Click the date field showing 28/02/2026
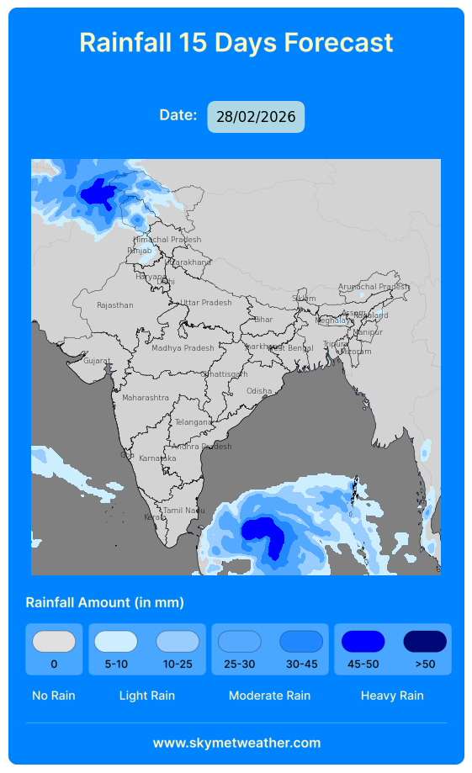pyautogui.click(x=256, y=117)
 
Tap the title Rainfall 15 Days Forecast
pyautogui.click(x=236, y=42)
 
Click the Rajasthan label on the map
pyautogui.click(x=115, y=305)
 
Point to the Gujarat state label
pyautogui.click(x=97, y=361)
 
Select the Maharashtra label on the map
pyautogui.click(x=146, y=398)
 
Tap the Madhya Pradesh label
pyautogui.click(x=183, y=348)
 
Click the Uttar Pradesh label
pyautogui.click(x=206, y=303)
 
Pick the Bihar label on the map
pyautogui.click(x=263, y=320)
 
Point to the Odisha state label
pyautogui.click(x=259, y=391)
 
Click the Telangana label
pyautogui.click(x=194, y=422)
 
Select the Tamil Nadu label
pyautogui.click(x=184, y=511)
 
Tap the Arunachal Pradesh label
pyautogui.click(x=374, y=287)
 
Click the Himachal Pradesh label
pyautogui.click(x=167, y=240)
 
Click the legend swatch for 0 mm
pyautogui.click(x=54, y=642)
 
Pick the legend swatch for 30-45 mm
pyautogui.click(x=301, y=642)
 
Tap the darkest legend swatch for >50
pyautogui.click(x=425, y=642)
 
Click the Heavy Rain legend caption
pyautogui.click(x=392, y=696)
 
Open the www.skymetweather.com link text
pyautogui.click(x=236, y=743)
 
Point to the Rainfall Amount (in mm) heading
pyautogui.click(x=105, y=602)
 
